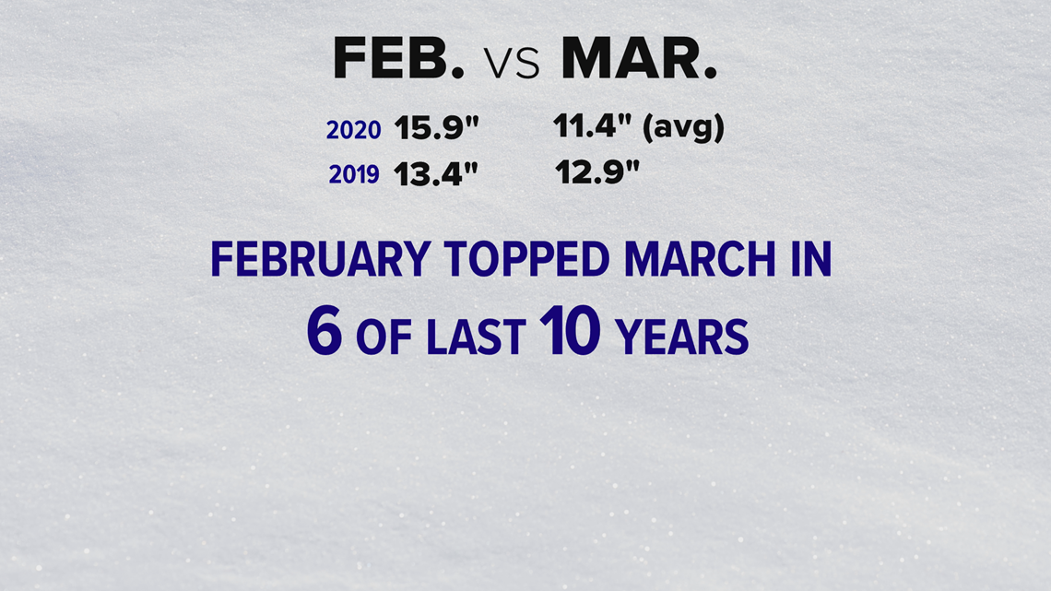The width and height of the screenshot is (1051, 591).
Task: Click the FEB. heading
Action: point(399,58)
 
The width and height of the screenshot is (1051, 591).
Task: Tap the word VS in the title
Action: point(512,65)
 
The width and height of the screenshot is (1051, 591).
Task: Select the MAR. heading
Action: point(640,58)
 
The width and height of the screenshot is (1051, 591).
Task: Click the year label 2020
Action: point(353,130)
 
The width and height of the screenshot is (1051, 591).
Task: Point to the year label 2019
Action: point(354,175)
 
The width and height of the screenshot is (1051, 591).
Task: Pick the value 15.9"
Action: point(436,127)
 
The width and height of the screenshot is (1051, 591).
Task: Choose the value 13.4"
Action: point(436,173)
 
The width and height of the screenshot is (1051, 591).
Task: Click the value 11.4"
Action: point(593,126)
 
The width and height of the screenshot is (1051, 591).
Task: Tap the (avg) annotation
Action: point(683,128)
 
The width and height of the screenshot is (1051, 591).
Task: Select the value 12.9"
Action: point(597,172)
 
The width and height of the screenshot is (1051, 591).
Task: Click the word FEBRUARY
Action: point(321,259)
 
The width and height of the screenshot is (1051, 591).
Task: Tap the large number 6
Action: point(325,331)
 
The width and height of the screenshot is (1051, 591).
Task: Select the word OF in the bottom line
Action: point(384,337)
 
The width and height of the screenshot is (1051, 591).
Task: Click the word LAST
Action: point(476,337)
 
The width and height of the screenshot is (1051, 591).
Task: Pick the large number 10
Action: point(570,331)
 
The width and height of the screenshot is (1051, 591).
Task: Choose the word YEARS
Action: point(681,337)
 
